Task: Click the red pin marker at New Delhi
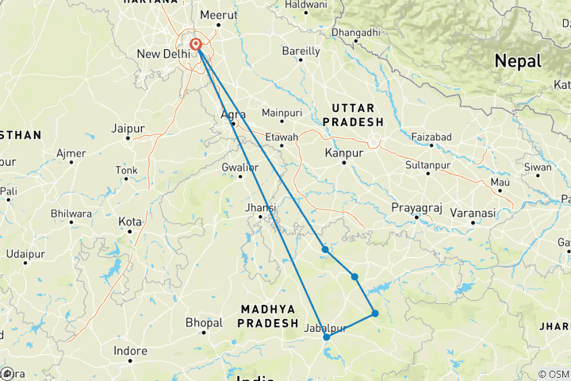point(195,44)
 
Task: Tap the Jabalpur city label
point(326,327)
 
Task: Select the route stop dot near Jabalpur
point(326,337)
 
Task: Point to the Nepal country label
point(517,61)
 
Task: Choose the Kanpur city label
point(343,152)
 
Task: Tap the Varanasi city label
point(473,214)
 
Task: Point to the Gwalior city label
point(240,167)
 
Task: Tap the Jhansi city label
point(261,208)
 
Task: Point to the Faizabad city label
point(431,137)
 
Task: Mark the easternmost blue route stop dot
point(375,314)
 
